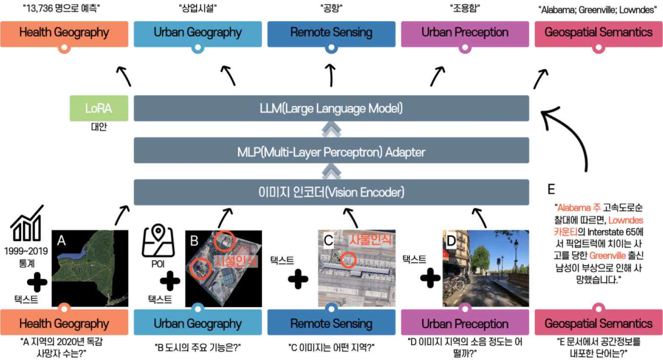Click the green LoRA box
[99, 108]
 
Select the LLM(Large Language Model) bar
[331, 108]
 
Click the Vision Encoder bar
[331, 192]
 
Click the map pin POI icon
[158, 240]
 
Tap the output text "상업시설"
[198, 8]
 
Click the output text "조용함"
[465, 8]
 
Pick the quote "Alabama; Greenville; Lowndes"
[598, 10]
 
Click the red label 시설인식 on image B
[235, 261]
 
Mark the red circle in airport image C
[348, 260]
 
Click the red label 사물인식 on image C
[370, 240]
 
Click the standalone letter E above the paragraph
[551, 189]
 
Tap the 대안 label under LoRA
[99, 127]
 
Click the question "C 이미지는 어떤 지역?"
[331, 348]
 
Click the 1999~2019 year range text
[26, 251]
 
